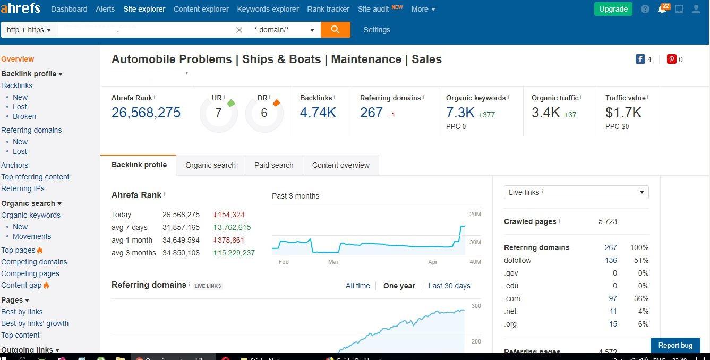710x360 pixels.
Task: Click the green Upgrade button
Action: [x=613, y=9]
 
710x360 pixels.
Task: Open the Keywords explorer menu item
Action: [x=268, y=9]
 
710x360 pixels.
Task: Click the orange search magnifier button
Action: [x=335, y=30]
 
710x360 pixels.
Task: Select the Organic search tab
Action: [x=210, y=165]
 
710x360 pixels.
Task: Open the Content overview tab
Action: [x=340, y=165]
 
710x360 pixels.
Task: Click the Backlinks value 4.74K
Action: [x=318, y=113]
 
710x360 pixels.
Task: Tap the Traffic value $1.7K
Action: [x=623, y=113]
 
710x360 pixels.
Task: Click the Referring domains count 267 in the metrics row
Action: [x=371, y=113]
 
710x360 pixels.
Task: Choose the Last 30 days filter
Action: [x=449, y=286]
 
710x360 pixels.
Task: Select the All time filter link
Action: [x=357, y=286]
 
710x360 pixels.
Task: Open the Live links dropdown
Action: [x=576, y=192]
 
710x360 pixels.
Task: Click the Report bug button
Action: [x=675, y=345]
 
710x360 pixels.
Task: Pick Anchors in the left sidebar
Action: [x=15, y=165]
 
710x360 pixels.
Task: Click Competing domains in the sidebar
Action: [x=34, y=262]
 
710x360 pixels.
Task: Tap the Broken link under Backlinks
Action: [x=24, y=116]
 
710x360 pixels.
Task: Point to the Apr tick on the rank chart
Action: [x=433, y=262]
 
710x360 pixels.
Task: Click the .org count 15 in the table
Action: [x=613, y=324]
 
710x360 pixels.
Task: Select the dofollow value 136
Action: [x=611, y=260]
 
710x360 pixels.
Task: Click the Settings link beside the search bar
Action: [x=377, y=30]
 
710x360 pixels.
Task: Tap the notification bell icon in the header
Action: [x=662, y=9]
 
